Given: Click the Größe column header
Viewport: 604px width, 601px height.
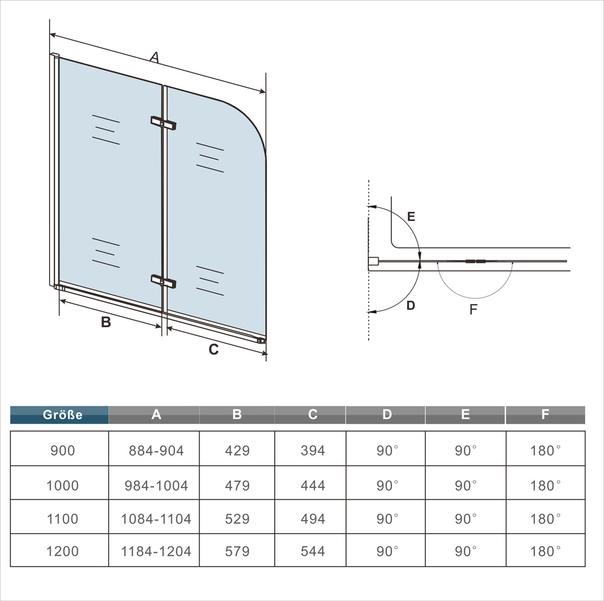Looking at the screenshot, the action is point(63,415).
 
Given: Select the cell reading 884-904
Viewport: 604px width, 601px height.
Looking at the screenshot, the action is point(156,451).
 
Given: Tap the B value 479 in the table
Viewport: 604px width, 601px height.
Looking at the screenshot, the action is point(237,486).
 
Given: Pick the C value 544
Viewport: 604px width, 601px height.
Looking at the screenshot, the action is point(313,551).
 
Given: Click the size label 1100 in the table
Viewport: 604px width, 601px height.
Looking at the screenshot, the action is point(63,519).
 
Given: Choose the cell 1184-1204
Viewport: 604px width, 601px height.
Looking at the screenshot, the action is point(156,551).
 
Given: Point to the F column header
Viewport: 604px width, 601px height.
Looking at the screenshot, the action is point(545,415).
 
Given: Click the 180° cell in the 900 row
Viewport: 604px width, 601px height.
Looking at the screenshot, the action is point(545,451).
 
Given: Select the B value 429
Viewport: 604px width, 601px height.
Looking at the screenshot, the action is point(237,451).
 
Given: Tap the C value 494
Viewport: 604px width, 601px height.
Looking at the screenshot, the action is point(313,519).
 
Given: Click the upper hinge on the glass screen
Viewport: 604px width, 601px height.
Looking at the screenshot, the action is point(163,123).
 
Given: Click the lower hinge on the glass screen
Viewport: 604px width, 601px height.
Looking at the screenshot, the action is point(163,281).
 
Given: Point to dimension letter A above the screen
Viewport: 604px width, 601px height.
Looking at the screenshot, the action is point(154,57).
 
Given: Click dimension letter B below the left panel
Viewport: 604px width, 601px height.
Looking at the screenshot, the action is point(106,322).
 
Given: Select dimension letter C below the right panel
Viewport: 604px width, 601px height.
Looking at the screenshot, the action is point(214,349).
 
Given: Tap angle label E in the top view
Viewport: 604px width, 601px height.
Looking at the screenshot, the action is point(411,216).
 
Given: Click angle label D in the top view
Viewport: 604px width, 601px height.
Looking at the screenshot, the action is point(411,305).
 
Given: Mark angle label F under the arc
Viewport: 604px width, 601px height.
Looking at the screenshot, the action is point(473,309).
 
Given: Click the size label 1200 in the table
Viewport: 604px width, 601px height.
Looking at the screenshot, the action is point(63,551).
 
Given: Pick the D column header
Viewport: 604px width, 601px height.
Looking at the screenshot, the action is point(387,415).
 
